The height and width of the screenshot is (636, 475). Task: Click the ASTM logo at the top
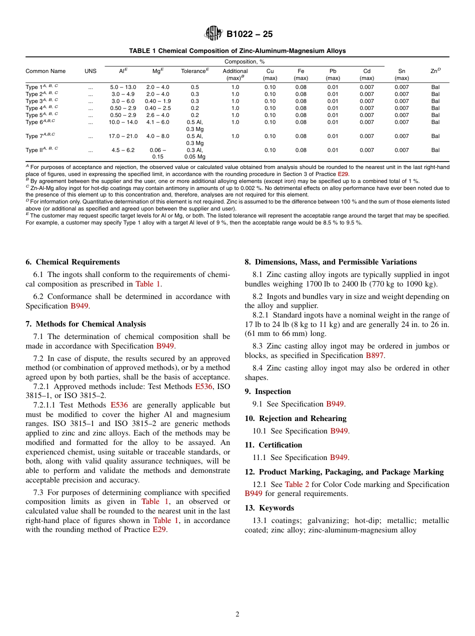tap(213, 33)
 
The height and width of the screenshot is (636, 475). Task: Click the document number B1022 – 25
tap(249, 34)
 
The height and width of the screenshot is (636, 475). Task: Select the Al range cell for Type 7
tap(122, 136)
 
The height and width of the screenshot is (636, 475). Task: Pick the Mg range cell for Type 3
tap(157, 101)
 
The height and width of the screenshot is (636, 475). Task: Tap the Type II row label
tap(42, 150)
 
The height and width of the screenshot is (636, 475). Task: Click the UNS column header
tap(90, 71)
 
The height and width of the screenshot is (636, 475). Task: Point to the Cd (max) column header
tap(366, 74)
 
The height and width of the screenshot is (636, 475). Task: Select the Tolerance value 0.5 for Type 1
tap(195, 87)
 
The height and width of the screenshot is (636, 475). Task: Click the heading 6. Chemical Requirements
tap(72, 262)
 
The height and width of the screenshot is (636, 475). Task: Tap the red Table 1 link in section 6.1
tap(148, 284)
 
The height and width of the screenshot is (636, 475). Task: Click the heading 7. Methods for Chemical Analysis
tap(85, 324)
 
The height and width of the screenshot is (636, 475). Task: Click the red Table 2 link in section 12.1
tap(297, 484)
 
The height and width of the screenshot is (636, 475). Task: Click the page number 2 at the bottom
tap(237, 614)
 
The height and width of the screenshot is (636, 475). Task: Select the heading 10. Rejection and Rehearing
tap(295, 418)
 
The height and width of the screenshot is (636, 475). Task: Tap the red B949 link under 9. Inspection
tap(335, 404)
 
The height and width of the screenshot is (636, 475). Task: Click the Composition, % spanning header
tap(244, 61)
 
